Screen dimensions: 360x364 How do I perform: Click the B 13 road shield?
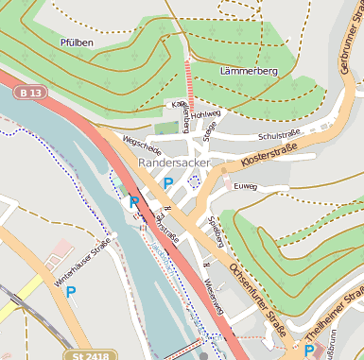click(29, 93)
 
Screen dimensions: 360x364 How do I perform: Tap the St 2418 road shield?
click(90, 354)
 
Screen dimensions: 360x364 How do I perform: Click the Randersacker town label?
click(174, 163)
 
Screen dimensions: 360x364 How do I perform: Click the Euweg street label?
click(246, 187)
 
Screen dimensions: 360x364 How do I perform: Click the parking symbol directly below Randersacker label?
click(168, 182)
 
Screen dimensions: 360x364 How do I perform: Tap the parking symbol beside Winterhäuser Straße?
click(70, 292)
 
